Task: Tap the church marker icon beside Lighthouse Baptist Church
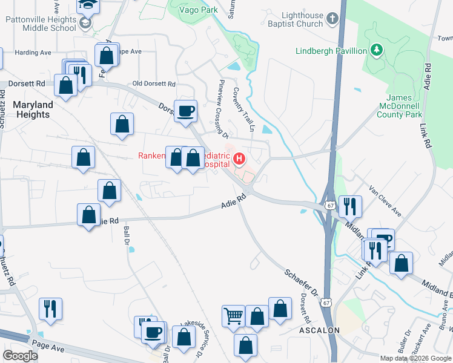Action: coord(332,19)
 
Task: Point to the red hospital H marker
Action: coord(239,160)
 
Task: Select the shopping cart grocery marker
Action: coord(233,315)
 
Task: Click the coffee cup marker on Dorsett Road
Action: coord(185,111)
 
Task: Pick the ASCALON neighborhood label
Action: coord(319,330)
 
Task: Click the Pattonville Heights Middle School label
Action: coord(41,24)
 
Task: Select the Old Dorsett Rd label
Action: coord(154,83)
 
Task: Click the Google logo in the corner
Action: coord(20,356)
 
